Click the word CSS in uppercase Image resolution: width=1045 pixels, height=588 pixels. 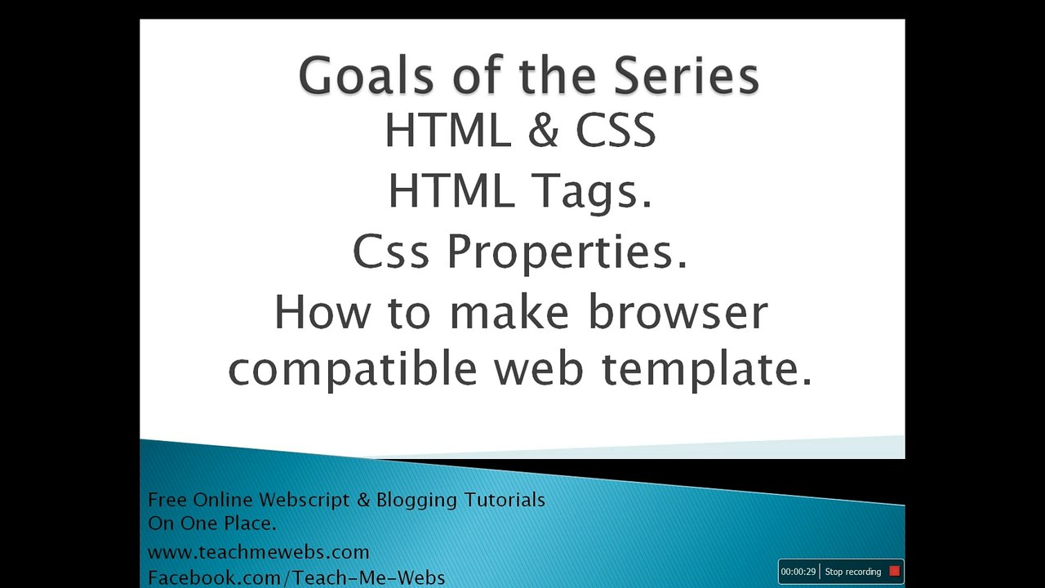click(x=616, y=131)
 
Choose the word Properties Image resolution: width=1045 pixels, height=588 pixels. click(x=567, y=252)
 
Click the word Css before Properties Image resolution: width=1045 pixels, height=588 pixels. click(x=390, y=252)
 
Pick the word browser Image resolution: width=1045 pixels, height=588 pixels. click(x=678, y=312)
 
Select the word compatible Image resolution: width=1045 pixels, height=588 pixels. click(x=352, y=368)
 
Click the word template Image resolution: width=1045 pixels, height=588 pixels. click(x=707, y=368)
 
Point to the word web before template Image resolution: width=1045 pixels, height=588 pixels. click(x=540, y=368)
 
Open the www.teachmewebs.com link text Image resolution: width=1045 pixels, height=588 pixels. click(x=258, y=552)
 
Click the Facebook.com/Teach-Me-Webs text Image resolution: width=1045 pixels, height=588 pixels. click(x=296, y=577)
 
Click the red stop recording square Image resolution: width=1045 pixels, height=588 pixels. click(x=894, y=572)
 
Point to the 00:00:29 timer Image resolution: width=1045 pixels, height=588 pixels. click(x=798, y=572)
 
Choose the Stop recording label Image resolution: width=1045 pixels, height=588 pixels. click(x=852, y=572)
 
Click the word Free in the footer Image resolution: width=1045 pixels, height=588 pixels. click(x=167, y=499)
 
